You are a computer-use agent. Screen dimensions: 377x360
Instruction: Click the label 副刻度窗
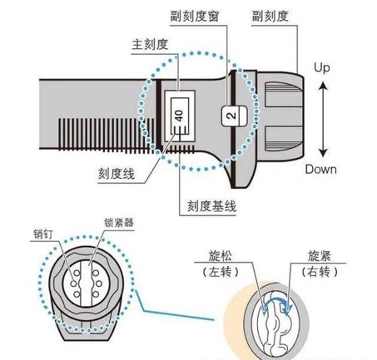pos(195,17)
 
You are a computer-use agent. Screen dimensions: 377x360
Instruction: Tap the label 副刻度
pos(270,17)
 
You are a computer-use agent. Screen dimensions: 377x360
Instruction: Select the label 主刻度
pos(150,44)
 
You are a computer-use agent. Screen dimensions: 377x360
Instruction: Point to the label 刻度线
pos(117,174)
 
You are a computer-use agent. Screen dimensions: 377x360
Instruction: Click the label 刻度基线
pos(212,206)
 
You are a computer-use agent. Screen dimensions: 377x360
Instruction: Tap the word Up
pos(322,68)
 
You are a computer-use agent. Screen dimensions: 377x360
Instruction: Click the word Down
pos(321,170)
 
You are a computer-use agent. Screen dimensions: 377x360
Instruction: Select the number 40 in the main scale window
pos(180,116)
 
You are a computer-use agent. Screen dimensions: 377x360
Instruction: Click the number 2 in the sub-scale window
pos(231,116)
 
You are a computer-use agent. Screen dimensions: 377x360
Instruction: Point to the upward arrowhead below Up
pos(323,86)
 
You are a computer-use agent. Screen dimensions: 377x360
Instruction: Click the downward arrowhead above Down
pos(323,152)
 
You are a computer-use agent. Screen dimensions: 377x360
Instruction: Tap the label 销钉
pos(43,234)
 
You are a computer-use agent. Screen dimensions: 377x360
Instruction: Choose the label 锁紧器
pos(119,223)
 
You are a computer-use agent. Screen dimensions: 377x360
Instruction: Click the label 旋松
pos(221,256)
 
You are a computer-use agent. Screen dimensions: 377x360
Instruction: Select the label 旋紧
pos(320,256)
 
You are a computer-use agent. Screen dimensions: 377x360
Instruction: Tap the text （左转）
pos(221,272)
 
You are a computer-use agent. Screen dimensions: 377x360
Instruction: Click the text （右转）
pos(320,272)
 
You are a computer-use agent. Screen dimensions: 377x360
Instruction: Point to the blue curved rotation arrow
pos(277,300)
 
